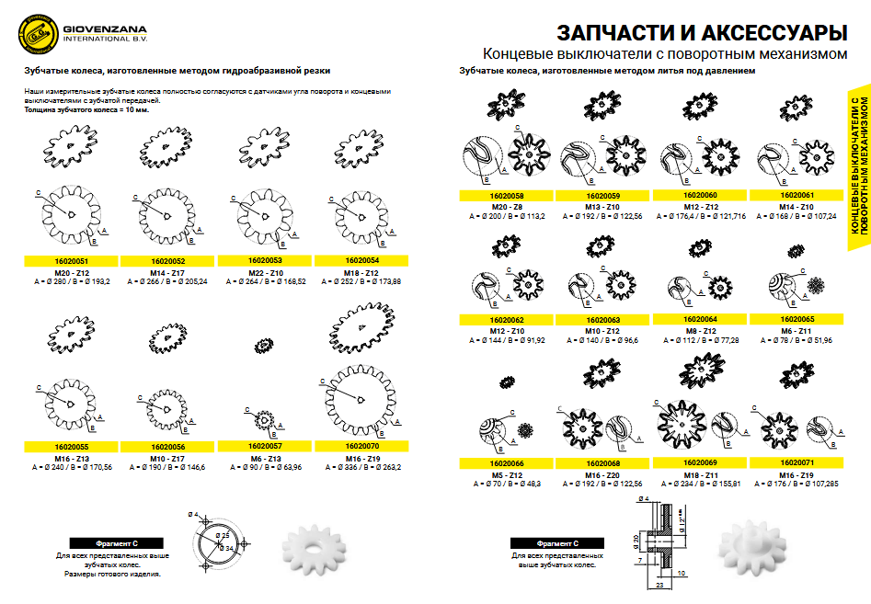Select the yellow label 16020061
coord(797,195)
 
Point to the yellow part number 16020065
coord(797,319)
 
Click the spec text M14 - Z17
coord(167,272)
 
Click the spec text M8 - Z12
coord(700,330)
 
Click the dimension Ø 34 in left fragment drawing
coord(227,549)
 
